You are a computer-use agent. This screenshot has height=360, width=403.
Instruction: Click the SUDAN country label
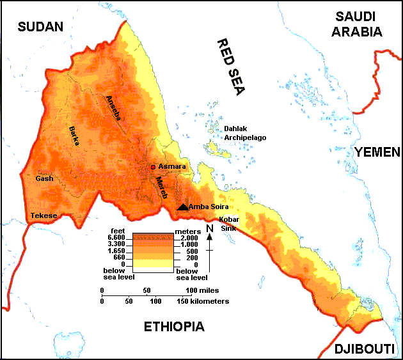click(x=41, y=26)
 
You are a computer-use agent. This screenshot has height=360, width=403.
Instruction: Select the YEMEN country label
click(x=377, y=152)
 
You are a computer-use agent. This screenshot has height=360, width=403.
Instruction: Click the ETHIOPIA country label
click(x=174, y=327)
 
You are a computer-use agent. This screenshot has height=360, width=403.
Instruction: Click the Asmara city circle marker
click(x=153, y=167)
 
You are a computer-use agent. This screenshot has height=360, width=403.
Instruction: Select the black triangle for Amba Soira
click(x=183, y=207)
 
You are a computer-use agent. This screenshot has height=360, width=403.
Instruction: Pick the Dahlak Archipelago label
click(x=244, y=133)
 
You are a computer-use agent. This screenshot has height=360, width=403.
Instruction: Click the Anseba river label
click(x=113, y=108)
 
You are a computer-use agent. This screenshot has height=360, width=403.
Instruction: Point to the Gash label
click(x=44, y=179)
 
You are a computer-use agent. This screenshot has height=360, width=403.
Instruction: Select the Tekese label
click(x=43, y=215)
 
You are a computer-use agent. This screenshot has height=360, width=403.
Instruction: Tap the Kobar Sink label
click(x=230, y=223)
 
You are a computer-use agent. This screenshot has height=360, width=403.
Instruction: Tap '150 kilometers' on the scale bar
click(x=203, y=301)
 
